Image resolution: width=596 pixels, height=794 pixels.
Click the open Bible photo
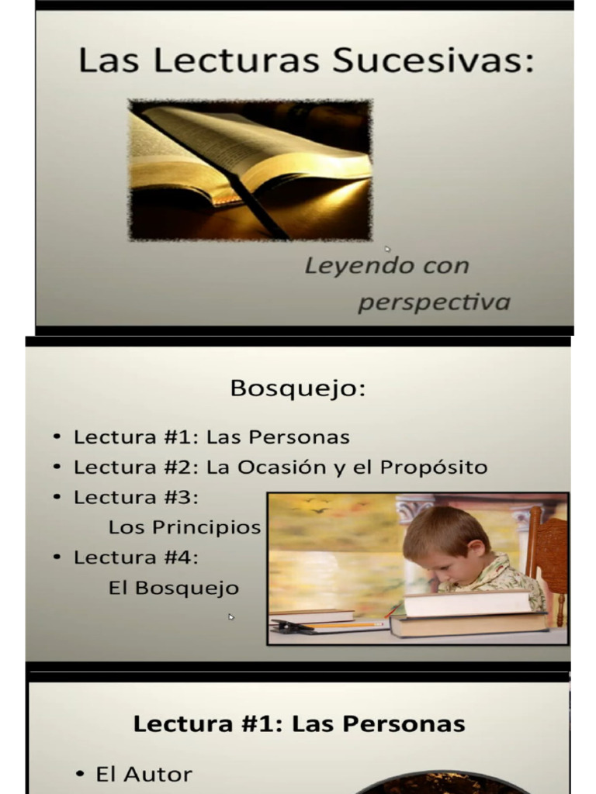pos(250,169)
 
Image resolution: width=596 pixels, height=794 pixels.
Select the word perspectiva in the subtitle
pos(433,301)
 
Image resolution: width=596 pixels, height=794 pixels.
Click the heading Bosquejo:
pos(297,388)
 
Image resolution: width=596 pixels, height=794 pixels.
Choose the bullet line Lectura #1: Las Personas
pos(211,437)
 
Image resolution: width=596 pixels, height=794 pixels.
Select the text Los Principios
pos(185,528)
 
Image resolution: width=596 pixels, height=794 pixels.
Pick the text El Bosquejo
pos(174,589)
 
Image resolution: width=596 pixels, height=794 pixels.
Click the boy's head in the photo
pos(445,543)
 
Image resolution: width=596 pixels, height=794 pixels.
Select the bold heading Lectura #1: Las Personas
pos(299,724)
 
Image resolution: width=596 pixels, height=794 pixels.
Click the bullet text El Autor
pos(144,774)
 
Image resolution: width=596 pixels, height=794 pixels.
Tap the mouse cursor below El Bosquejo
pos(231,617)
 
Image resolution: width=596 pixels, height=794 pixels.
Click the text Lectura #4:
pos(137,558)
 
